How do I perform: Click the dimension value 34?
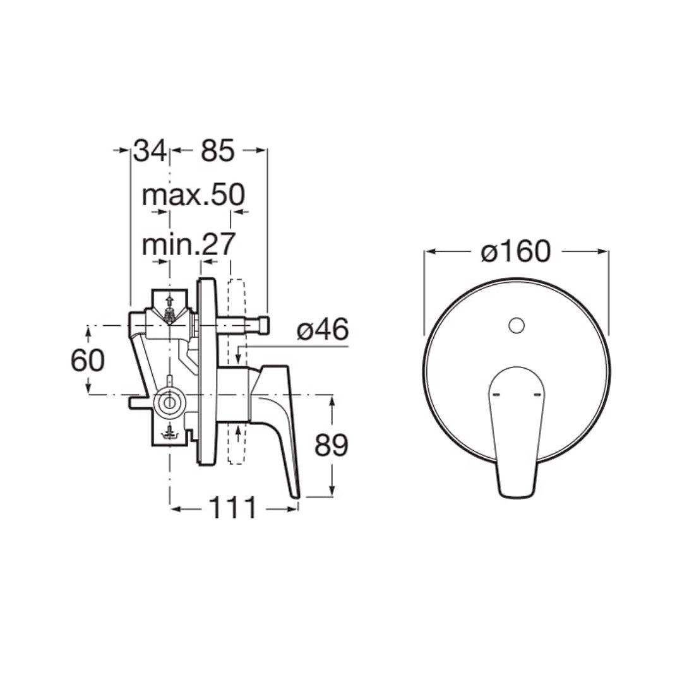point(150,150)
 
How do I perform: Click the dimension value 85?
point(217,150)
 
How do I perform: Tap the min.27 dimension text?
point(189,245)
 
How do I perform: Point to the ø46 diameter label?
point(323,329)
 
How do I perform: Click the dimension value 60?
point(88,361)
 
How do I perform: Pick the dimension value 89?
point(332,445)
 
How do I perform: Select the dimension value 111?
point(233,508)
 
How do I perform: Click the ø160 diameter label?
point(516,251)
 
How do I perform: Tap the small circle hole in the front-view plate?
point(517,325)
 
